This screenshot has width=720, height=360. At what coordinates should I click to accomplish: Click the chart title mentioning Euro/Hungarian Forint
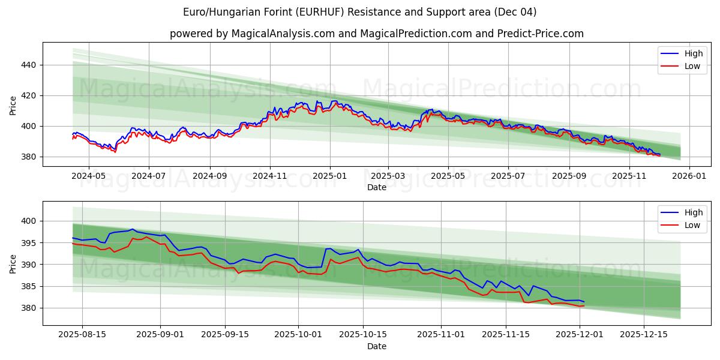coord(360,12)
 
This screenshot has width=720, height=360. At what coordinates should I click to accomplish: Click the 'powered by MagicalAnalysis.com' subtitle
coord(376,34)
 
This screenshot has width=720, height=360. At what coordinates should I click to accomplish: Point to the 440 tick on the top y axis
coord(29,65)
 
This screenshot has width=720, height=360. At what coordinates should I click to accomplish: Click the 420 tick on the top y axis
coord(29,95)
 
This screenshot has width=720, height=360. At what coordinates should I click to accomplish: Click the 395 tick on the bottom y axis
coord(29,243)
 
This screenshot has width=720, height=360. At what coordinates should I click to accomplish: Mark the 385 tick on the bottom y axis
coord(29,286)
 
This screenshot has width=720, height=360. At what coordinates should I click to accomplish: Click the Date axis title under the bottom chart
coord(376,346)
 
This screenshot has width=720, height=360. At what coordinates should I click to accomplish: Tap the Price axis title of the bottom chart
coord(13,263)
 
